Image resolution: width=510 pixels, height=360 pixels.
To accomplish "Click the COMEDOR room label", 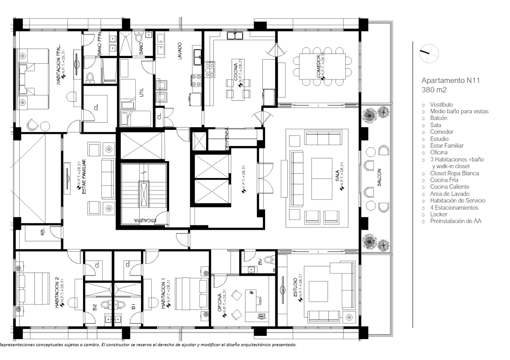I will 319,67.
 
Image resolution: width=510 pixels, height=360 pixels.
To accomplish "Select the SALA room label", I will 337,177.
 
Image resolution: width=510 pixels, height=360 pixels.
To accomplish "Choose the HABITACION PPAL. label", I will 58,64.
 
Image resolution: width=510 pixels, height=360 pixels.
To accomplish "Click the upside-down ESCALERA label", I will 146,220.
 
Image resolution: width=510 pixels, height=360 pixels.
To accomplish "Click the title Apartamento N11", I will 444,81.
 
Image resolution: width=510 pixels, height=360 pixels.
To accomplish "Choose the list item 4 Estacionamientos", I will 454,207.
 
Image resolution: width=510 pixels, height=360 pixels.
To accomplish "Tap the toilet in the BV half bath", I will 270,259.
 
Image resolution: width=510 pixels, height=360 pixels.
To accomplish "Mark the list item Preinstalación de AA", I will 456,221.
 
